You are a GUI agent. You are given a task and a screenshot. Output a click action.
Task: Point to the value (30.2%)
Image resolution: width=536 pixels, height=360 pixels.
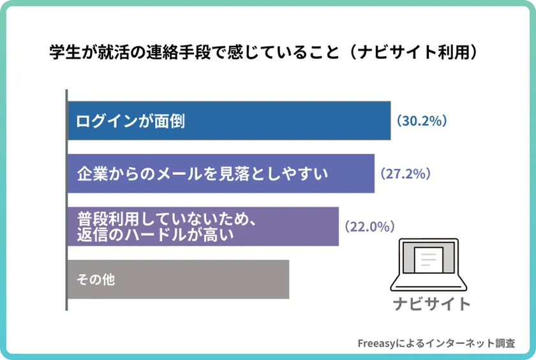point(421,121)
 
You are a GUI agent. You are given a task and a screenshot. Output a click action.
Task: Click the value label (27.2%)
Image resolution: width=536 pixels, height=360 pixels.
point(405,174)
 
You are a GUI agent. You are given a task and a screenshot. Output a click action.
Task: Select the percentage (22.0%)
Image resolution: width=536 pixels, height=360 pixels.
point(369,227)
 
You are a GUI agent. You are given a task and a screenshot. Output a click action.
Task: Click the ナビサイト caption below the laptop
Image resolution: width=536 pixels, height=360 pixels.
point(431,303)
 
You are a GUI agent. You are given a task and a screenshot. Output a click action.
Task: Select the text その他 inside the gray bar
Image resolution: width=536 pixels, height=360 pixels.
point(96,280)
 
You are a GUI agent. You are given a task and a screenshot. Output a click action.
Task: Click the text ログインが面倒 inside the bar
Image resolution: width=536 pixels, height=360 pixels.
point(130,121)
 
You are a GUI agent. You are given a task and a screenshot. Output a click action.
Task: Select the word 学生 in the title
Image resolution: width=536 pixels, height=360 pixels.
point(63,52)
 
